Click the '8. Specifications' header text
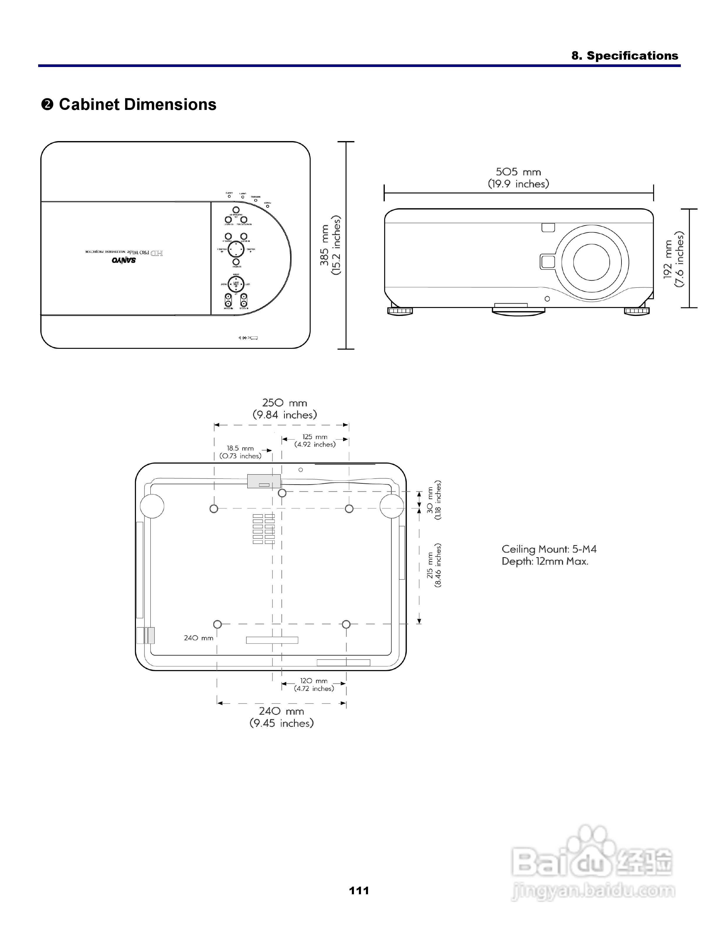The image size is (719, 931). [x=624, y=56]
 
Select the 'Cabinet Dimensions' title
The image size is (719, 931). [x=137, y=104]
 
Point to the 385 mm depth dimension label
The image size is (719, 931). [x=330, y=246]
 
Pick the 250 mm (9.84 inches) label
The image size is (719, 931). [x=285, y=409]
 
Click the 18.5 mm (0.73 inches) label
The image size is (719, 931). [x=240, y=452]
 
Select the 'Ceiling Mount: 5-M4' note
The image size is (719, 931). [x=549, y=549]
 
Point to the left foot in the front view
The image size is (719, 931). [x=400, y=311]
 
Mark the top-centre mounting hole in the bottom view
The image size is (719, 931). [x=282, y=493]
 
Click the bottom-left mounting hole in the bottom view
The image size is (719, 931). [x=217, y=624]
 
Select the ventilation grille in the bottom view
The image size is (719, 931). [x=264, y=529]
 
